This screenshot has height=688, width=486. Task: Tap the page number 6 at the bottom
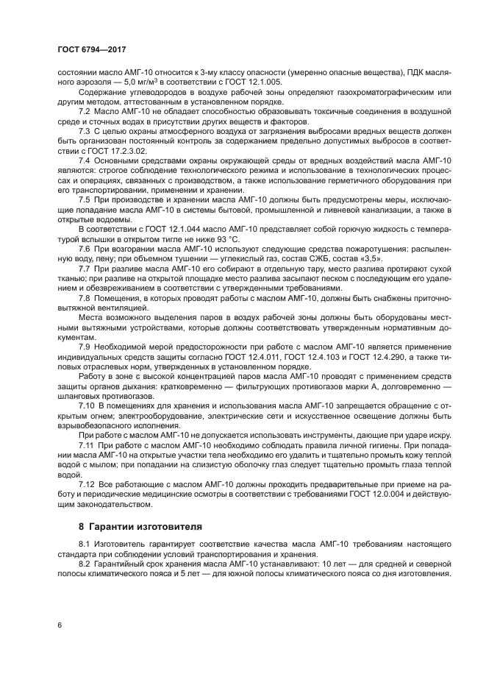click(x=60, y=625)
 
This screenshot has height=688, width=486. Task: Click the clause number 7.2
click(x=84, y=110)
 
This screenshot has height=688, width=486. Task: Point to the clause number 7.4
click(x=84, y=160)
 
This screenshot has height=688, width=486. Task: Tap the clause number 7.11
click(x=86, y=446)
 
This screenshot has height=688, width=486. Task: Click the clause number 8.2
click(x=84, y=563)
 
